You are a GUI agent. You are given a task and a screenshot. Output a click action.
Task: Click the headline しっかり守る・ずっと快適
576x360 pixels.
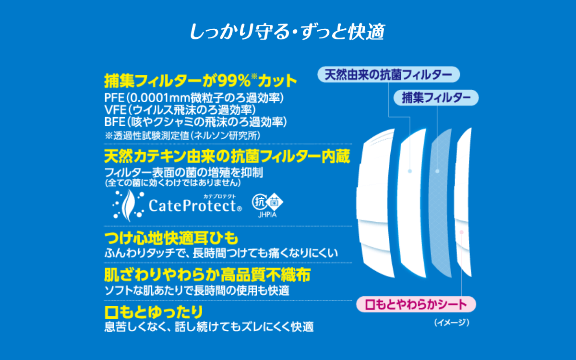pyautogui.click(x=287, y=32)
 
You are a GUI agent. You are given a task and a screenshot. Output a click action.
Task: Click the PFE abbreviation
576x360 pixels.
pyautogui.click(x=114, y=98)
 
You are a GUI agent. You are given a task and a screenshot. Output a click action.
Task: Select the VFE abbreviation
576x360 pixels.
pyautogui.click(x=115, y=110)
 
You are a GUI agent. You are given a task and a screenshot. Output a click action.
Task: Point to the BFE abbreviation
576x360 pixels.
pyautogui.click(x=115, y=121)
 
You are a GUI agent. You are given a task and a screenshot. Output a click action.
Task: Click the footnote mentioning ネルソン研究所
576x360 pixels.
pyautogui.click(x=182, y=135)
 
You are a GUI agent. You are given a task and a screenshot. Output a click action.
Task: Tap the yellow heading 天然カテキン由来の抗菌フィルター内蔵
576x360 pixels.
pyautogui.click(x=227, y=156)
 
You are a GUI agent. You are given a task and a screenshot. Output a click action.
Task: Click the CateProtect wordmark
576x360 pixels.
pyautogui.click(x=195, y=205)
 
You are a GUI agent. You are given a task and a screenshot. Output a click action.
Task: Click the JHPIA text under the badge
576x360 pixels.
pyautogui.click(x=267, y=215)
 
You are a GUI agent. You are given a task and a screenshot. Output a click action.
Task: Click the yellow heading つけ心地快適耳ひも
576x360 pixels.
pyautogui.click(x=171, y=238)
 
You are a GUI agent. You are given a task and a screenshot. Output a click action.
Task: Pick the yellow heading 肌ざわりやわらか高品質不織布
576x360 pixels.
pyautogui.click(x=207, y=275)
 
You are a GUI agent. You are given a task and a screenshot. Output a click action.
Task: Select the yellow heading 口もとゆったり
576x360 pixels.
pyautogui.click(x=154, y=312)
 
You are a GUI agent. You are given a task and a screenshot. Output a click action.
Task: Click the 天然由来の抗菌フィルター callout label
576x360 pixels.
pyautogui.click(x=388, y=74)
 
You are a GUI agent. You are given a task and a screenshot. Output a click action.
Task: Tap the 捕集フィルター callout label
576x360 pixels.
pyautogui.click(x=436, y=98)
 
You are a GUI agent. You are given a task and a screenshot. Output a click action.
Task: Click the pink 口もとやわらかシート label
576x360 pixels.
pyautogui.click(x=416, y=304)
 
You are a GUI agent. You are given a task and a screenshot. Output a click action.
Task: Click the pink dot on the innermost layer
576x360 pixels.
pyautogui.click(x=462, y=232)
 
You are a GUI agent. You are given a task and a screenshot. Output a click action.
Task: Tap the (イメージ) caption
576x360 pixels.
pyautogui.click(x=452, y=323)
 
